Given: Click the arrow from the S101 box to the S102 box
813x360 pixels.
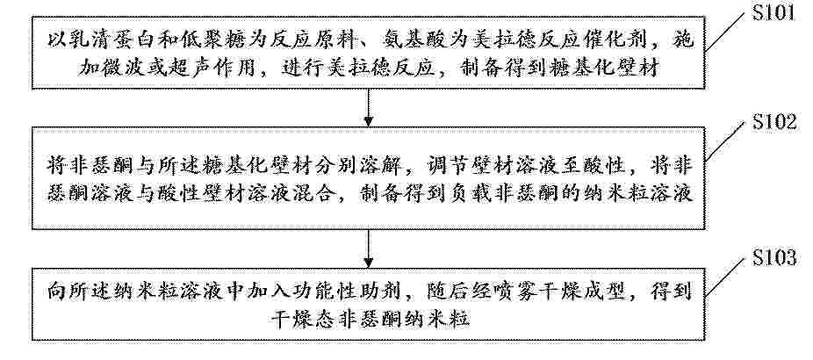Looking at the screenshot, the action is (368, 107).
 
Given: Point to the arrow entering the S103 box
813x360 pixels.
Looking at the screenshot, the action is (368, 248).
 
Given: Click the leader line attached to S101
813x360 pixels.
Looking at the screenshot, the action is (726, 34).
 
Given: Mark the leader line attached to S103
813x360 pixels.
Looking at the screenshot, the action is (726, 278).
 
